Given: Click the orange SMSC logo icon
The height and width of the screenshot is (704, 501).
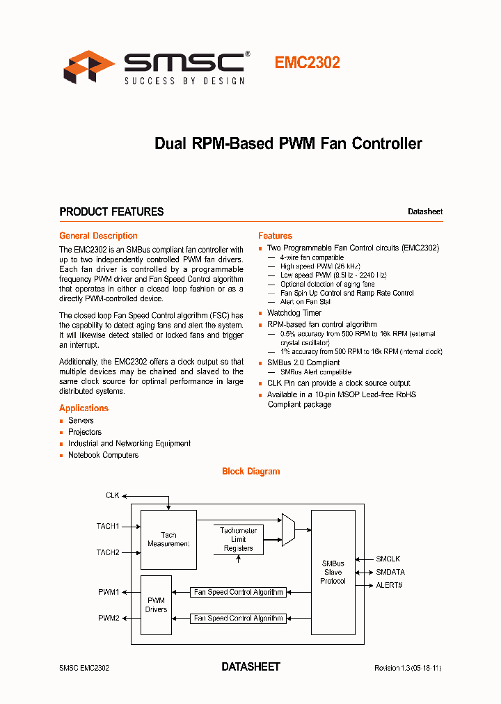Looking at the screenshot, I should [89, 67].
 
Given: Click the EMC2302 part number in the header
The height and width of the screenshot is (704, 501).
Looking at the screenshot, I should [307, 63].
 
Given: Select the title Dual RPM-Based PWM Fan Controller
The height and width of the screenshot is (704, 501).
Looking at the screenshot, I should [288, 144].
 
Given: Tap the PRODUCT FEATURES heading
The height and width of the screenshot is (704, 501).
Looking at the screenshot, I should [111, 211].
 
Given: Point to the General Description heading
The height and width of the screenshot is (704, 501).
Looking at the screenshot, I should [98, 236].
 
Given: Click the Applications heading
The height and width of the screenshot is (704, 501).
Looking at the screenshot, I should [83, 408].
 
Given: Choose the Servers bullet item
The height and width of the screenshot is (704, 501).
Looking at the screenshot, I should [81, 420].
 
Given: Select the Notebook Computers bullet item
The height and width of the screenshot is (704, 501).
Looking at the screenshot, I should [103, 455].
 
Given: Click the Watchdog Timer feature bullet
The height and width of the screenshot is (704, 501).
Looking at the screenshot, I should [294, 313].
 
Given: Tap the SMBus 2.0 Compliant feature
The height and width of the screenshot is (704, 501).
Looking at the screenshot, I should [303, 362].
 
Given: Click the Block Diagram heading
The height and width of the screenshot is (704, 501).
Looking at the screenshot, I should [250, 471].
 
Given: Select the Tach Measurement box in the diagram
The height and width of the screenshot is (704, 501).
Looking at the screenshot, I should [168, 539].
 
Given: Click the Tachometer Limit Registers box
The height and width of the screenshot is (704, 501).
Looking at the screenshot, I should [238, 539].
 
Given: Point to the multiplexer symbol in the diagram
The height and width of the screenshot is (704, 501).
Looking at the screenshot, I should [288, 530].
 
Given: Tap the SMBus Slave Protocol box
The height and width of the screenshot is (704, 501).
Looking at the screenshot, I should [333, 572].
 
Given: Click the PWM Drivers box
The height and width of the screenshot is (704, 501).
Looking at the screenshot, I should [156, 605].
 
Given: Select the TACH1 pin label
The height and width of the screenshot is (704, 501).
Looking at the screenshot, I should [108, 526].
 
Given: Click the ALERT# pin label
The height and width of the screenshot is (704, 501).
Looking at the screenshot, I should [389, 585].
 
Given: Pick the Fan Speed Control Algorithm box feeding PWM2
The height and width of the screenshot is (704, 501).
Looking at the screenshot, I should [239, 618].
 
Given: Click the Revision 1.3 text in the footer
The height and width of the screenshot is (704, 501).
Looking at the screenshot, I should [408, 668].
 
